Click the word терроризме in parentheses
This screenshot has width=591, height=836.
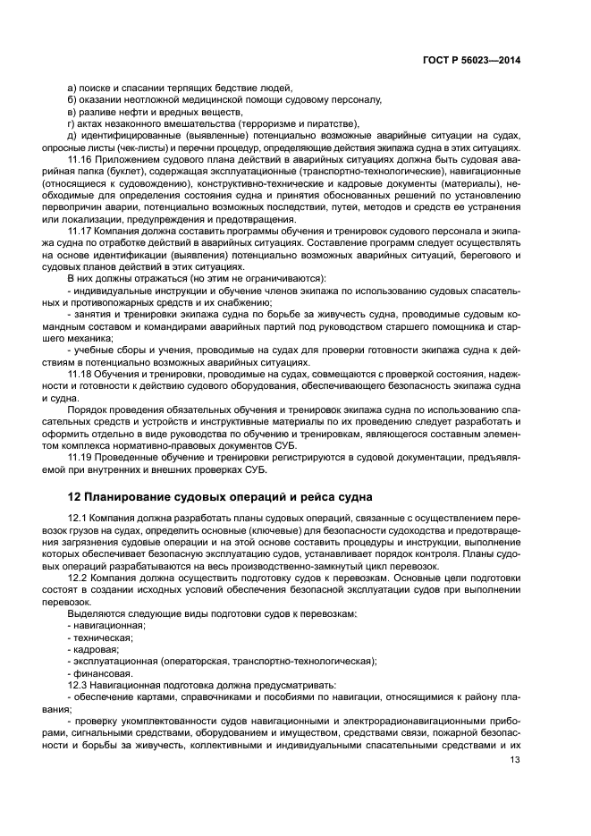tap(274, 122)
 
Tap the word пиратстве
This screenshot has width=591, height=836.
tap(333, 122)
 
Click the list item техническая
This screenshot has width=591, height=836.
tap(100, 637)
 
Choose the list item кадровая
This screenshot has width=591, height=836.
tap(94, 649)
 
